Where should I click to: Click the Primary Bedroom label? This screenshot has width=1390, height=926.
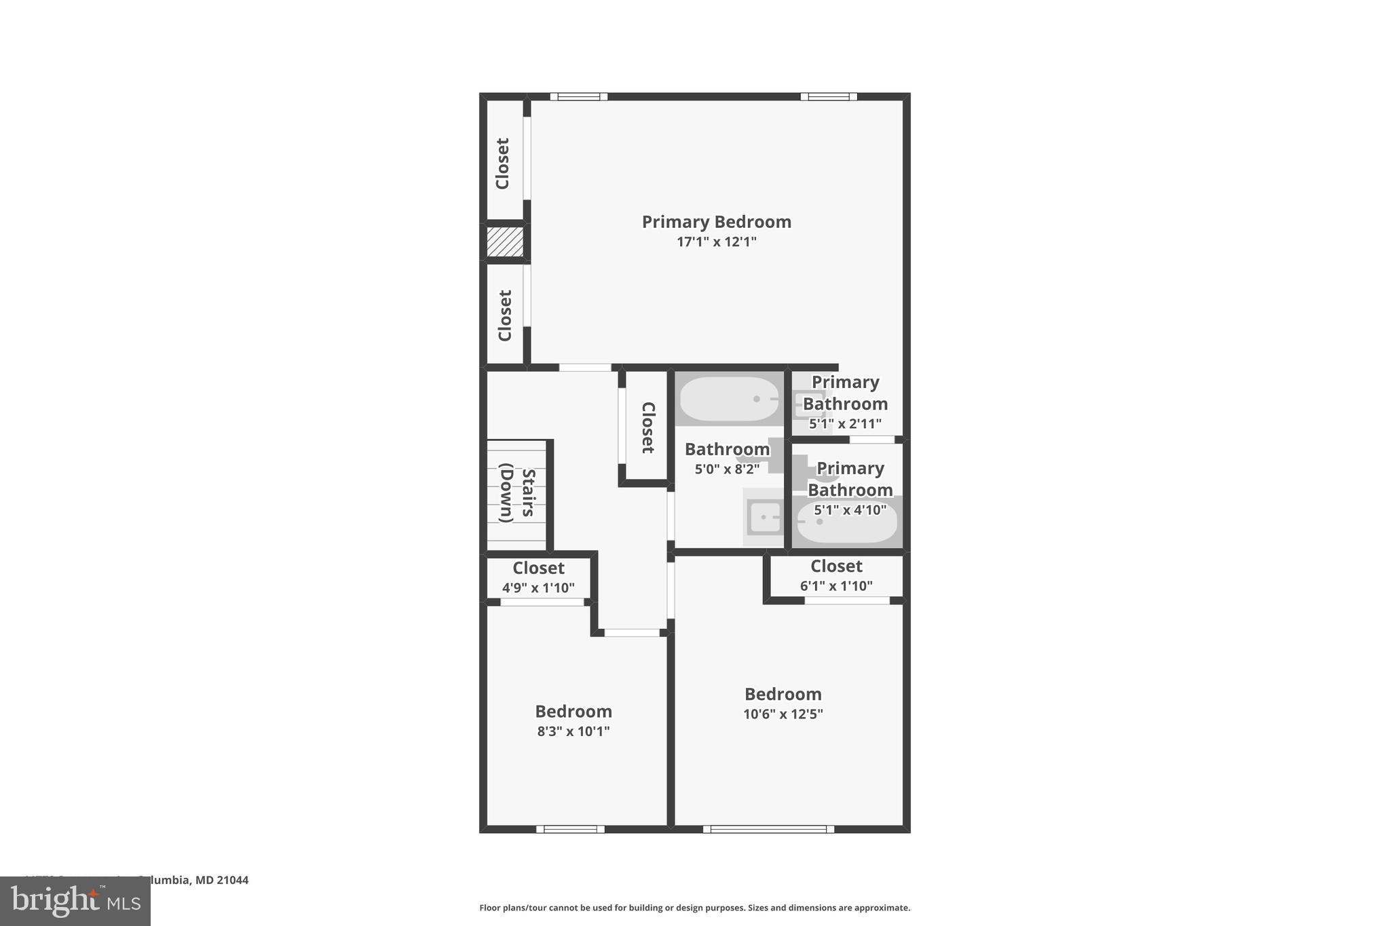pos(716,222)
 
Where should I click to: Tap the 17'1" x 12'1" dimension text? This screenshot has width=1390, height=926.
pos(716,242)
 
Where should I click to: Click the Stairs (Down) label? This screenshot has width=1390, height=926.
pos(518,493)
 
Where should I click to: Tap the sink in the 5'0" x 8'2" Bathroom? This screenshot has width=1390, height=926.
pos(765,518)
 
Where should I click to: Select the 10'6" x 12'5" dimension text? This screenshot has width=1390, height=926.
pos(783,714)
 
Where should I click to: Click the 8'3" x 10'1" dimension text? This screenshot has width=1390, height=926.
pos(574,731)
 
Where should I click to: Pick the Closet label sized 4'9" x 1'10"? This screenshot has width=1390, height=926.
pos(538,568)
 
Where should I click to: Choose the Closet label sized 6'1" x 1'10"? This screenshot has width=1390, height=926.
pos(836,566)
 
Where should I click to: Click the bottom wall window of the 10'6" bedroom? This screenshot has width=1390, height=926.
pos(768,829)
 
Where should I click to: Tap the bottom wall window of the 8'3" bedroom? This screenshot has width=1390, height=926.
pos(570,829)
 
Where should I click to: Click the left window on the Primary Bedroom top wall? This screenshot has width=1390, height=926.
pos(578,96)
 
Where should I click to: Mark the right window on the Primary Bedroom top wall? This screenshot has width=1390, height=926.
pos(828,96)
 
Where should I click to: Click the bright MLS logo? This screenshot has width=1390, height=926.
pos(75,901)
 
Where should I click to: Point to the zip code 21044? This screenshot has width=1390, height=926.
pos(233,881)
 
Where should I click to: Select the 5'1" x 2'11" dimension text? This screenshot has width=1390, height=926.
pos(845,424)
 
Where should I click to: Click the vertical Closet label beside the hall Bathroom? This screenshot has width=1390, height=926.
pos(648,427)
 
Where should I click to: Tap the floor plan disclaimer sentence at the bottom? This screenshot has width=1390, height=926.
pos(694,908)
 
